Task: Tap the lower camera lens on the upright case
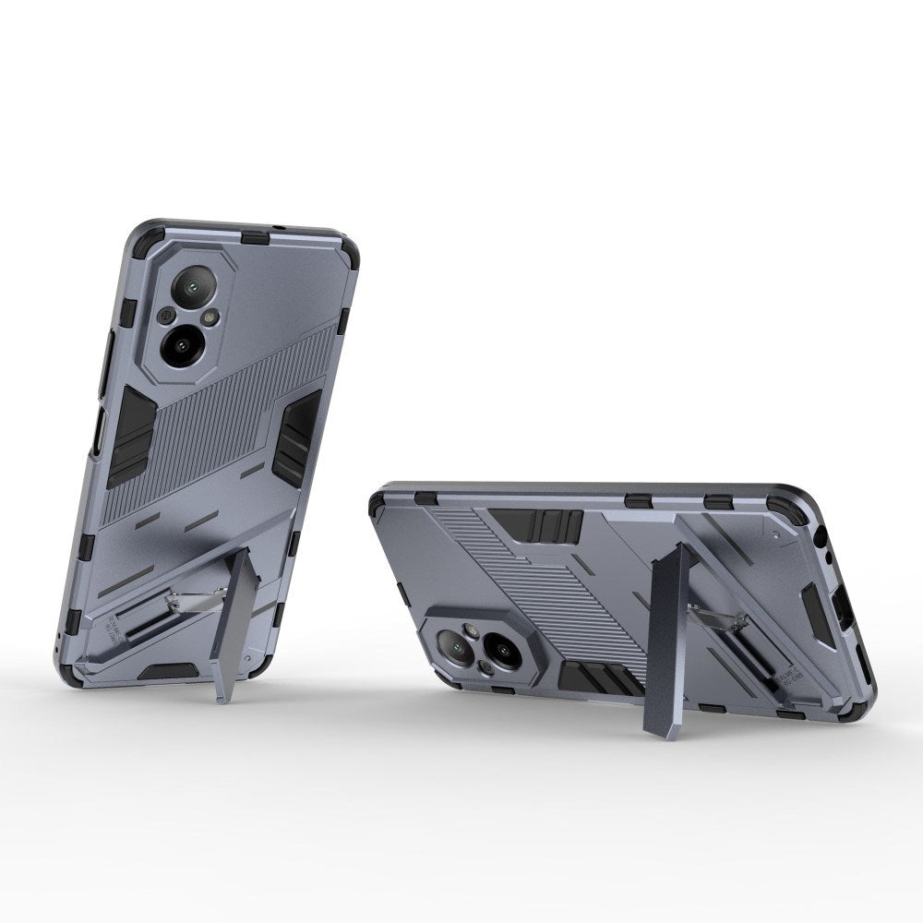pos(182,344)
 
